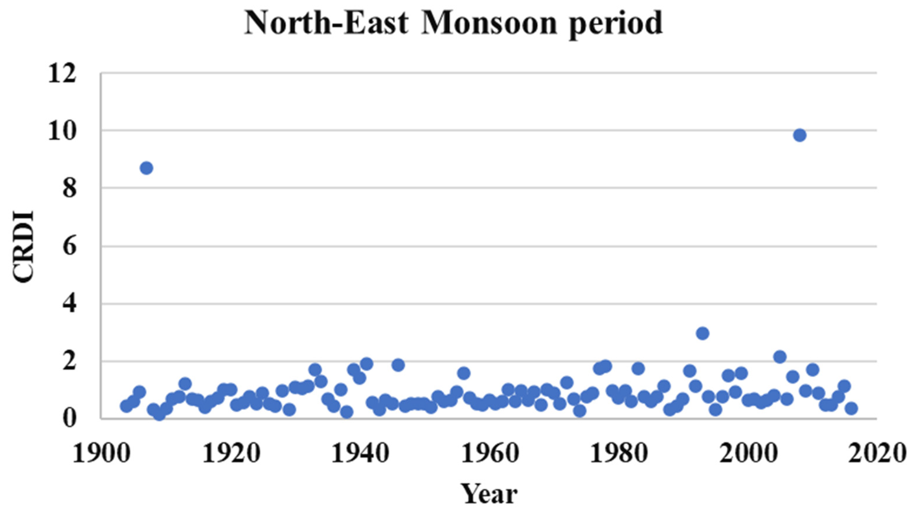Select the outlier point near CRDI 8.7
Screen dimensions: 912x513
[146, 168]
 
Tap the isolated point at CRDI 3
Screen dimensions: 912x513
[702, 333]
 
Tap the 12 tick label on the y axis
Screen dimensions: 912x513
[62, 74]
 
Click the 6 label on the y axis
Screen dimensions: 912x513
[69, 247]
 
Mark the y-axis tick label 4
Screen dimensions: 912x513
[69, 304]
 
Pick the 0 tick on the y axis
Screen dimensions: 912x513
[69, 419]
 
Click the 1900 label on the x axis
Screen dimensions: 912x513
[102, 453]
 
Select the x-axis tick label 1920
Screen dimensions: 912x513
[231, 453]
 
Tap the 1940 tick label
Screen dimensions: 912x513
[360, 453]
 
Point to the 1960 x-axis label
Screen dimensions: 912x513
[489, 453]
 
